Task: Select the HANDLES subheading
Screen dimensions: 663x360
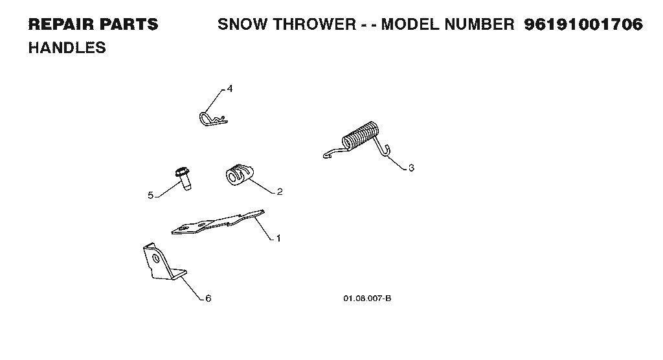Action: click(67, 48)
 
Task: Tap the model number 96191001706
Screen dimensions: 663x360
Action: click(583, 25)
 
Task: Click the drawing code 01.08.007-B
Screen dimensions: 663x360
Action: click(367, 298)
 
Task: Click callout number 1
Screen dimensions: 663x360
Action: click(278, 238)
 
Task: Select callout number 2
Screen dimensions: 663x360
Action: click(280, 192)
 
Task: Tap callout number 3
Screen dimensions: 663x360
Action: click(411, 168)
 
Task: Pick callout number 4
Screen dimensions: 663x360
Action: click(230, 89)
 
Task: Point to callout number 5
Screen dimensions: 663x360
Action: click(150, 196)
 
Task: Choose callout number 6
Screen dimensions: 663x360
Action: click(208, 298)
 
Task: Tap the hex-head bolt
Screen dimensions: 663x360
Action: click(183, 178)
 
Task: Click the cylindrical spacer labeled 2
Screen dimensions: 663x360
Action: click(240, 175)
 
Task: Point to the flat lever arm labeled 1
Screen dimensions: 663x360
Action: click(218, 222)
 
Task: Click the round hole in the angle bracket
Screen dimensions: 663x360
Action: click(157, 258)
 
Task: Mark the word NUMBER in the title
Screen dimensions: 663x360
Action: click(480, 25)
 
